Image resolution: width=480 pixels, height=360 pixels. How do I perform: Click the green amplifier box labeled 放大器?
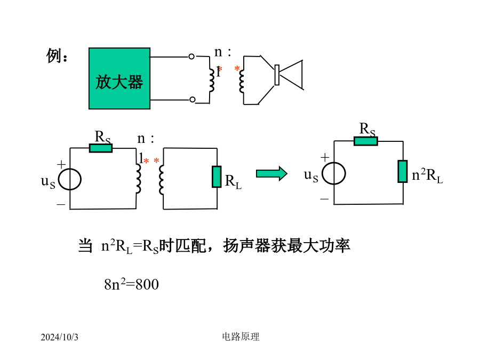coord(119,78)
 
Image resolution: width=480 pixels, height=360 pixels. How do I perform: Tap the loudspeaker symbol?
coord(289,75)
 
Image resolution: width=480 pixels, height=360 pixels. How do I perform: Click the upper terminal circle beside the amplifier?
coord(191,57)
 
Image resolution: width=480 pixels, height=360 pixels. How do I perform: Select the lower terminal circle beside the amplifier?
coord(192,100)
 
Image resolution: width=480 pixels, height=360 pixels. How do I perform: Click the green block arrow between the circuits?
coord(271,174)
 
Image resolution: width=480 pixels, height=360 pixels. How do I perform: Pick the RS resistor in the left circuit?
coord(101,148)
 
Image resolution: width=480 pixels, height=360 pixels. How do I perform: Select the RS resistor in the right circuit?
coord(366,141)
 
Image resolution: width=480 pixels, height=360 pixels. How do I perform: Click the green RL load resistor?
coord(217,177)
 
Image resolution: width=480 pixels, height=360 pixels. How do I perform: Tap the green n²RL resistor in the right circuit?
coord(403,171)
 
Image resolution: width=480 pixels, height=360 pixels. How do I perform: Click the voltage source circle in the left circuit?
coord(70,179)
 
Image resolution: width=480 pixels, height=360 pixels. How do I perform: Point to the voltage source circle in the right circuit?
coord(334,173)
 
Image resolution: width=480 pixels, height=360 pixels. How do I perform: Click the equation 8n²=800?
coord(131,284)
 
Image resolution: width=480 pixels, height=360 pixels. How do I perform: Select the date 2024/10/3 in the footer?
coord(59,337)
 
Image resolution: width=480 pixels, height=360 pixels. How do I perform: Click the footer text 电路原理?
coord(241,337)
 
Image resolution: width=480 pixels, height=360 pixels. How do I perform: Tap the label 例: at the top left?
coord(57,55)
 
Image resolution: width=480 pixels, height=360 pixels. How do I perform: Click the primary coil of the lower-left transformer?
coord(138,179)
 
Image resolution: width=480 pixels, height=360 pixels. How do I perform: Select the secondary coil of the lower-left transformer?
coord(161,179)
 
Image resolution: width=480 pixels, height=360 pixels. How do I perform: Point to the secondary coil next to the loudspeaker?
coord(242,82)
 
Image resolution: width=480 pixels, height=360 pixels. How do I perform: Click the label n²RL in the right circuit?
coord(427,175)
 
